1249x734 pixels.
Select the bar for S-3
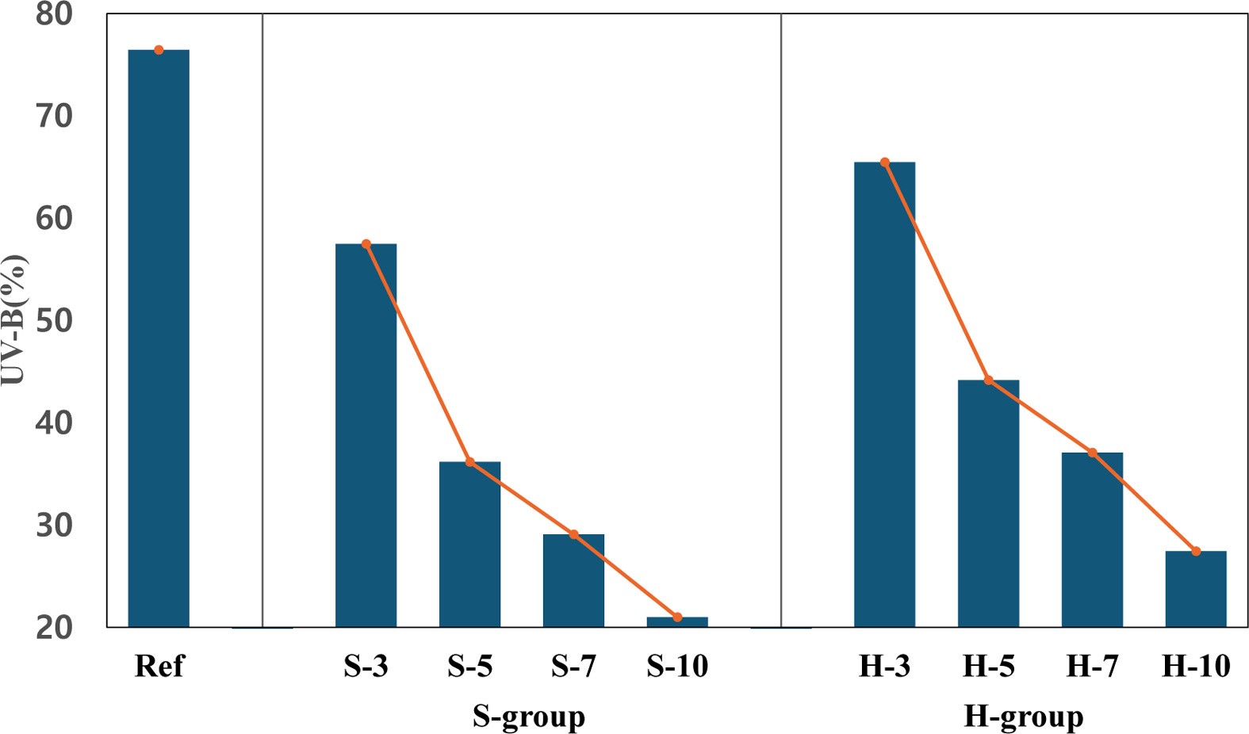coord(366,435)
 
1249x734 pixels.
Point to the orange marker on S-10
coord(677,617)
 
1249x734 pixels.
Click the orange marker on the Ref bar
coord(159,50)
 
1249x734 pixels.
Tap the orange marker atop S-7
coord(573,535)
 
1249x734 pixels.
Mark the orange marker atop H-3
coord(885,162)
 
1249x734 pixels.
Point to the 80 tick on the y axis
coord(54,14)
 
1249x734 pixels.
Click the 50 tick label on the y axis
coord(54,321)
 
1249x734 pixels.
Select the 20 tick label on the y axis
coord(54,628)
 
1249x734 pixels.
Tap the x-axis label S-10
coord(677,667)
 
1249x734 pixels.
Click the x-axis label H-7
coord(1092,667)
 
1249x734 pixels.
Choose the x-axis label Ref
coord(159,667)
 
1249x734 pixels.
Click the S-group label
coord(528,717)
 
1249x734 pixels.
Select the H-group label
coord(1023,717)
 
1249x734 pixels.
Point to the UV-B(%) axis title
coord(13,320)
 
